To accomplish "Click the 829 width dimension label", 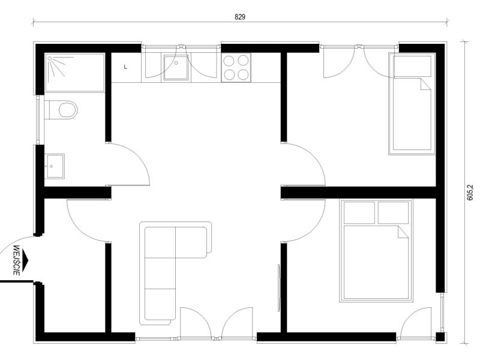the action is tap(240, 17).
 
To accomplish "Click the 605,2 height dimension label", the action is tap(470, 192).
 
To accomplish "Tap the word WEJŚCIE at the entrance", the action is tap(17, 260).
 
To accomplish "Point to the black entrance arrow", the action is tap(25, 260).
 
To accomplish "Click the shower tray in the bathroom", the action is tap(75, 73).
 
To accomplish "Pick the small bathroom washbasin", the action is tap(55, 166).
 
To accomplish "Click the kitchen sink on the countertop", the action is tap(176, 68).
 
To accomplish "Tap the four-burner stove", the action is tap(236, 68).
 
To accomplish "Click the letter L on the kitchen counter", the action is tap(125, 67).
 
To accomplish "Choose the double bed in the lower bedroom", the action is tap(376, 250).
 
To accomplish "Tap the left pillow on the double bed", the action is tap(359, 212).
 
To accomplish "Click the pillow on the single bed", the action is tap(412, 66).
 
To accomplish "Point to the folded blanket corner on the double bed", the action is tap(403, 232).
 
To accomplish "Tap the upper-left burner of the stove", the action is tap(229, 61).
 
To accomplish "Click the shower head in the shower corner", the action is tap(50, 58).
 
